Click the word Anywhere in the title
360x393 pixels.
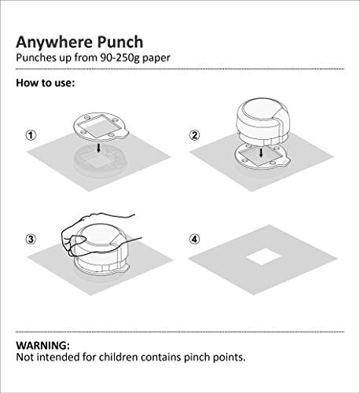[54, 42]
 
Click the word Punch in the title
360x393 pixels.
[120, 42]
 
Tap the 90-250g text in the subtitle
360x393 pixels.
[120, 57]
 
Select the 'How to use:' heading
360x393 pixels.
[46, 83]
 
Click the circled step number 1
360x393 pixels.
[31, 135]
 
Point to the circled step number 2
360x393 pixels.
[194, 135]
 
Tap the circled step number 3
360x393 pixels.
[31, 239]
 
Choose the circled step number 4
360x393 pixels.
[194, 239]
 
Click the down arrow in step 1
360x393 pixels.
[98, 149]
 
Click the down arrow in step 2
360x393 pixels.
[261, 152]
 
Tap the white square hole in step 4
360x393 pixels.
[263, 256]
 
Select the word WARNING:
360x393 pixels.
[43, 345]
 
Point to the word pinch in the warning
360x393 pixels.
[197, 358]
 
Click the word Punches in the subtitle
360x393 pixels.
[36, 57]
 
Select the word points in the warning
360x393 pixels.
[229, 358]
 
